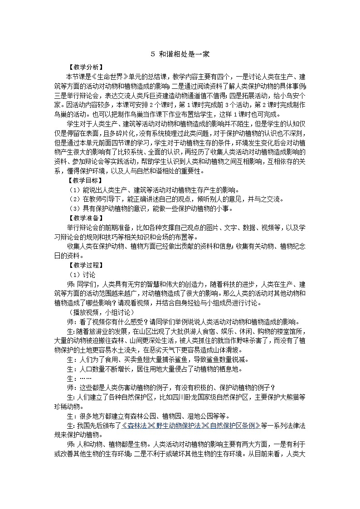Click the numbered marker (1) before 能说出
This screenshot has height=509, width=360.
coord(74,190)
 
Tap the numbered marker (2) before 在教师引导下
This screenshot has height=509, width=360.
coord(74,199)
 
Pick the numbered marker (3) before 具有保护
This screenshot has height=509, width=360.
coord(74,209)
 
